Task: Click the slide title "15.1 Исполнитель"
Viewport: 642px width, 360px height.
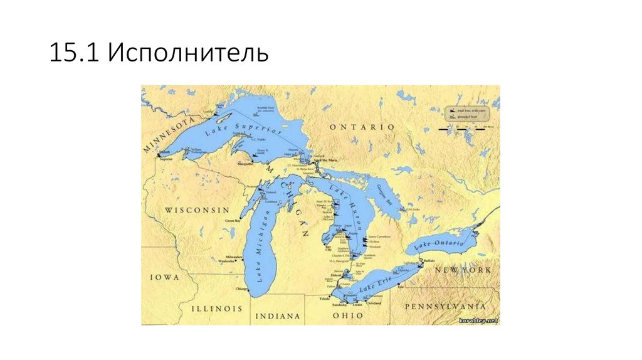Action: click(x=159, y=54)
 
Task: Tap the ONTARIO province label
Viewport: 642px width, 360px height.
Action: click(x=362, y=127)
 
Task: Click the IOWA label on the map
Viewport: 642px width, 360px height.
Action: click(x=164, y=277)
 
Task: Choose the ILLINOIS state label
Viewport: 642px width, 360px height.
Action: click(x=216, y=309)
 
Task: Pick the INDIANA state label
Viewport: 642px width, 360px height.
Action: click(x=276, y=316)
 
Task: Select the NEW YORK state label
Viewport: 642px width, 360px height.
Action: click(x=463, y=270)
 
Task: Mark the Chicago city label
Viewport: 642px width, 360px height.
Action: click(x=241, y=289)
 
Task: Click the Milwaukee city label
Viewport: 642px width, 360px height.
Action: click(x=233, y=257)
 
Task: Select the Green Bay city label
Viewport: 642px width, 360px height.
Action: click(x=233, y=221)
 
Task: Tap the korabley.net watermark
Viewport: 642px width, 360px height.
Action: click(x=478, y=320)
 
